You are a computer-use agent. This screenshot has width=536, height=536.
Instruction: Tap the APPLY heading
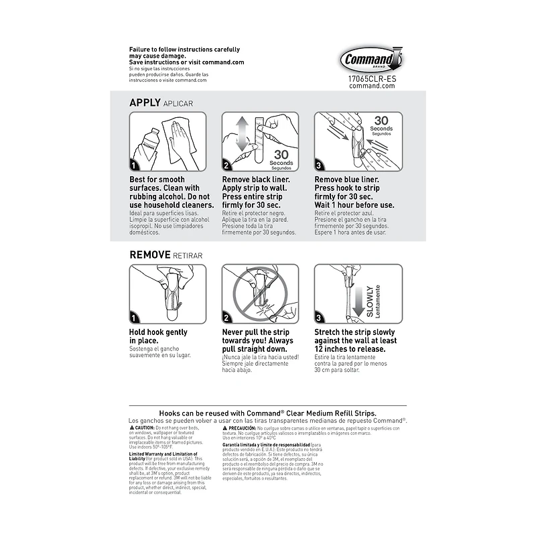pyautogui.click(x=145, y=103)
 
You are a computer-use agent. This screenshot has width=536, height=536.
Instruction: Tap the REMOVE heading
pyautogui.click(x=151, y=255)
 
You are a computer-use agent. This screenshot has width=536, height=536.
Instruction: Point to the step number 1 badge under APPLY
pyautogui.click(x=135, y=165)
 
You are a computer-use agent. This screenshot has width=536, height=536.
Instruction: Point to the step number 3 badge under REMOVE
pyautogui.click(x=320, y=318)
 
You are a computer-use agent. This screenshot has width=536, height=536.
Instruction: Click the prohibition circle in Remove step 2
pyautogui.click(x=257, y=292)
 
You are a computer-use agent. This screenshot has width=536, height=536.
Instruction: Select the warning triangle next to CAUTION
pyautogui.click(x=131, y=427)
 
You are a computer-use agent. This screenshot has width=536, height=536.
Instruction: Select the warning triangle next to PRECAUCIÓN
pyautogui.click(x=225, y=427)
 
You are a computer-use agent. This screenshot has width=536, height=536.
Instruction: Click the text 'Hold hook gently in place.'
pyautogui.click(x=158, y=336)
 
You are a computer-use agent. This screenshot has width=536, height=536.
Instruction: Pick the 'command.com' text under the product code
pyautogui.click(x=373, y=86)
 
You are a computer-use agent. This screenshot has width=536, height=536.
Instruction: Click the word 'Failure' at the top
pyautogui.click(x=141, y=50)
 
